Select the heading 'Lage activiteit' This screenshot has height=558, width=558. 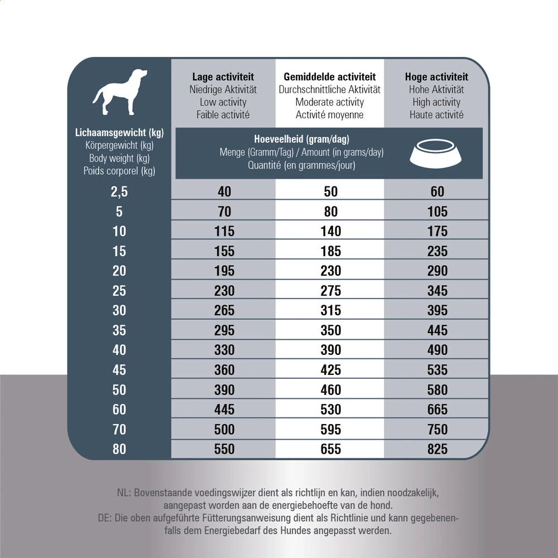pos(223,77)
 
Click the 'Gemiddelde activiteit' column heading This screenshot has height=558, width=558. pos(330,77)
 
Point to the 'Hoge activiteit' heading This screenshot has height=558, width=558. pos(436,77)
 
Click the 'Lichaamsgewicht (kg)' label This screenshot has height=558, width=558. pos(119,133)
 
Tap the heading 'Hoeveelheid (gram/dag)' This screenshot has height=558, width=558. pos(301,139)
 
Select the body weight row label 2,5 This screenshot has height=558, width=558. pos(119,192)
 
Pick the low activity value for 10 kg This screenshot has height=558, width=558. pos(224,232)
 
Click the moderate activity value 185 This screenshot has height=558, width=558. pos(331,251)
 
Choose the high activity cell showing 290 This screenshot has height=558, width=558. pos(437,271)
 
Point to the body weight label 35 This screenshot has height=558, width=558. pos(119,330)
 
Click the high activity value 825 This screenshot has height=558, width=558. pos(437,449)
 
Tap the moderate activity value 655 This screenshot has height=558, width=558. pos(331,449)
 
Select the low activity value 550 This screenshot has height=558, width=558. pos(224,449)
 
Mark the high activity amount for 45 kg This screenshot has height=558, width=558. pos(437,370)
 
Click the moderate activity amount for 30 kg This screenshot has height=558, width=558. pos(331,311)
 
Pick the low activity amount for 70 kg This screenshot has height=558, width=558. pos(224,430)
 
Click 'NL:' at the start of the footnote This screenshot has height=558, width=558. pos(123,493)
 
